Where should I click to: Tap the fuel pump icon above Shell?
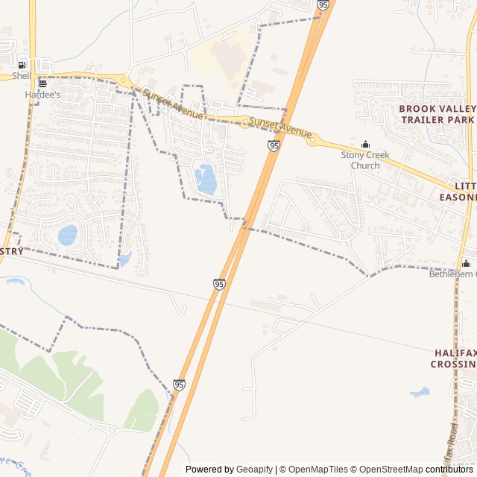(x=22, y=65)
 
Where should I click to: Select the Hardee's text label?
(x=42, y=95)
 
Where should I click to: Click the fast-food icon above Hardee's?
(x=42, y=83)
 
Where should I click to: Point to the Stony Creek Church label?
(x=364, y=160)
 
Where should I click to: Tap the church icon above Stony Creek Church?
(x=365, y=145)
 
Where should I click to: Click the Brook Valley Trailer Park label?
(x=437, y=113)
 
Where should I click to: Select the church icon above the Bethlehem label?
(x=466, y=263)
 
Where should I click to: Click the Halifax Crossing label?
(x=454, y=358)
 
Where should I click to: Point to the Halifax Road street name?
(x=452, y=447)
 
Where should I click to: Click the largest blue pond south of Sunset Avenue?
(x=206, y=180)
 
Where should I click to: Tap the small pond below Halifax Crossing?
(x=420, y=392)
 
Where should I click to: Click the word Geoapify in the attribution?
(x=255, y=470)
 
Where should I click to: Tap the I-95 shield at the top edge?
(x=322, y=4)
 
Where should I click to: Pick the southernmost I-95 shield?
(x=179, y=385)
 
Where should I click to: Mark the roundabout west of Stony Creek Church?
(x=312, y=138)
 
